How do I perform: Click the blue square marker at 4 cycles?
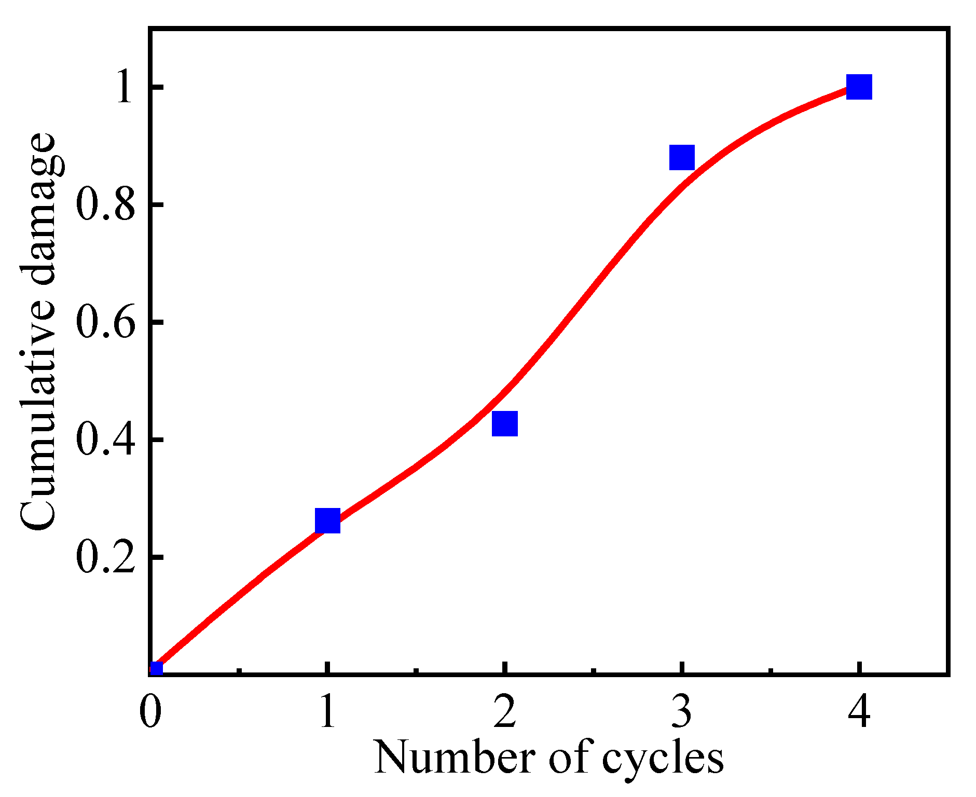(859, 87)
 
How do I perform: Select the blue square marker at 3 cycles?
(682, 157)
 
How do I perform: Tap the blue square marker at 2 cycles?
(504, 423)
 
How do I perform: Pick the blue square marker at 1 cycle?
(327, 520)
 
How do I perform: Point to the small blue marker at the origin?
(156, 669)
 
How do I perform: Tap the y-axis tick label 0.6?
(105, 322)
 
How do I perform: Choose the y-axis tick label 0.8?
(105, 205)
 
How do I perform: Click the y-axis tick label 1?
(125, 87)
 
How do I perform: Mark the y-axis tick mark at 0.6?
(157, 322)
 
